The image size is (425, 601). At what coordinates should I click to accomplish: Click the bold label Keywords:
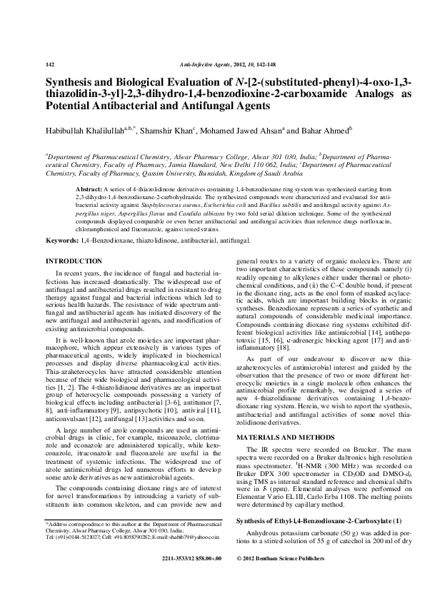click(x=63, y=244)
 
